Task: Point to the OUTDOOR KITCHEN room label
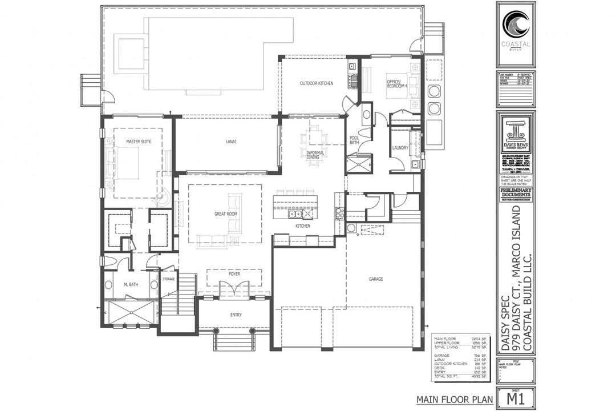point(317,84)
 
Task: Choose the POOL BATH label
point(354,141)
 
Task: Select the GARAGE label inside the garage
point(375,279)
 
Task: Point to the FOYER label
point(234,274)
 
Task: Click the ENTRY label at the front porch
point(234,315)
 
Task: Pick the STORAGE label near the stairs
point(168,279)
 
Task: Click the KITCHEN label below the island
point(302,226)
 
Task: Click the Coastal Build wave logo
point(516,25)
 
